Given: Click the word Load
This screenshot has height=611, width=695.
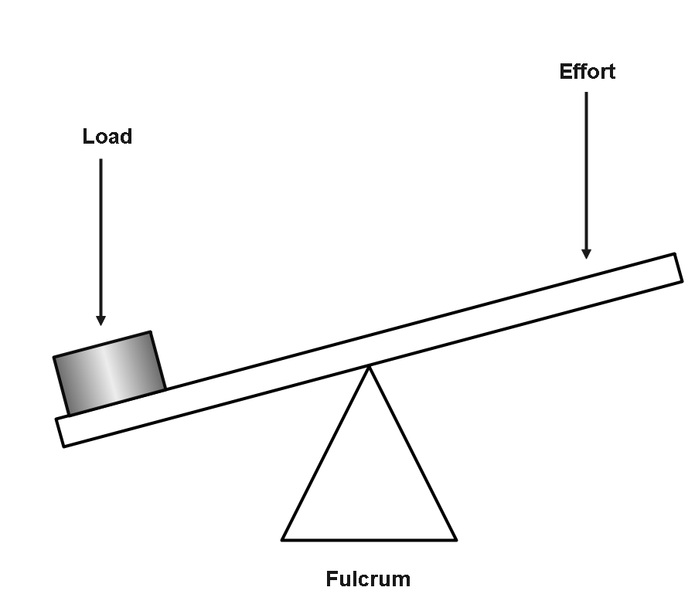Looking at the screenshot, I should [x=107, y=137].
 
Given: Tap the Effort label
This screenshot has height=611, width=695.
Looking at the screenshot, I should [x=587, y=72].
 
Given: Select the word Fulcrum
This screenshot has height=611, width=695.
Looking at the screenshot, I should [x=368, y=579].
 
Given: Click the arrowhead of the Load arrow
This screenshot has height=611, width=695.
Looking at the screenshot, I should [x=101, y=319].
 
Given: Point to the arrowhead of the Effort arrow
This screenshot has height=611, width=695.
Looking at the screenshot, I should [x=586, y=253].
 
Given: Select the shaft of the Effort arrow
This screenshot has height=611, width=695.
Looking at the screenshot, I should [x=586, y=170].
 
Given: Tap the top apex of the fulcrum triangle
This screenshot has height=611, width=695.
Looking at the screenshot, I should [x=370, y=368].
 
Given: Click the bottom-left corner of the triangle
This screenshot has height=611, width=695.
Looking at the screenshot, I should [x=283, y=538].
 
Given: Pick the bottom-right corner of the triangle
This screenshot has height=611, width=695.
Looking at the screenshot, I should [x=455, y=538].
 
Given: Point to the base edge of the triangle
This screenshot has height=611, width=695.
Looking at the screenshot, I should [x=370, y=539].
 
